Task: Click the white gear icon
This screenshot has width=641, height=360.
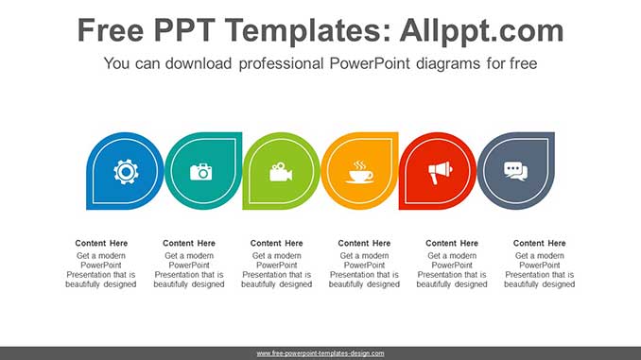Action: (x=125, y=172)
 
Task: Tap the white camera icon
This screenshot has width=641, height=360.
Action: (x=201, y=172)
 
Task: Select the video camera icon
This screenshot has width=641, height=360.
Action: (x=280, y=172)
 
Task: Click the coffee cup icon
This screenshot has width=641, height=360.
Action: (x=359, y=172)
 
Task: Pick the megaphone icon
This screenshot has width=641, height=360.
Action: (x=438, y=172)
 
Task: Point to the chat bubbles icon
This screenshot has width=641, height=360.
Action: (x=515, y=172)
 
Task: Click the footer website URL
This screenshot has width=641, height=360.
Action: (x=320, y=353)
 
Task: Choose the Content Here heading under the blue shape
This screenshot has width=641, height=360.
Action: (x=101, y=244)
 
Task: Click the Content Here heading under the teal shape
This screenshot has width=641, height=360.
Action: (x=189, y=244)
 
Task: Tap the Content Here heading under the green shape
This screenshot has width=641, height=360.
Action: (x=277, y=244)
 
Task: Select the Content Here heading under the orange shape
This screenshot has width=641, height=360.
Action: (x=364, y=244)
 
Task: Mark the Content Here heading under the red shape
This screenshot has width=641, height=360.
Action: (x=452, y=244)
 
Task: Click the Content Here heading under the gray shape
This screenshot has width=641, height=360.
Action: (x=540, y=244)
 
